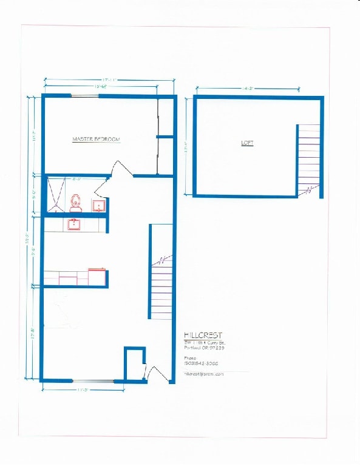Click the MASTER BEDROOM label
pyautogui.click(x=96, y=140)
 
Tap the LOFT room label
pyautogui.click(x=247, y=143)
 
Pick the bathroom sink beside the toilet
pyautogui.click(x=98, y=206)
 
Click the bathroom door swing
pyautogui.click(x=101, y=187)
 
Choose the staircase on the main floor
pyautogui.click(x=161, y=285)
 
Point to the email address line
pyautogui.click(x=204, y=374)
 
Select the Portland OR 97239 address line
pyautogui.click(x=205, y=348)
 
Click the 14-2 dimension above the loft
pyautogui.click(x=247, y=89)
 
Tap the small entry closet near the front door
pyautogui.click(x=135, y=363)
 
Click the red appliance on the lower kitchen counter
pyautogui.click(x=97, y=277)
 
